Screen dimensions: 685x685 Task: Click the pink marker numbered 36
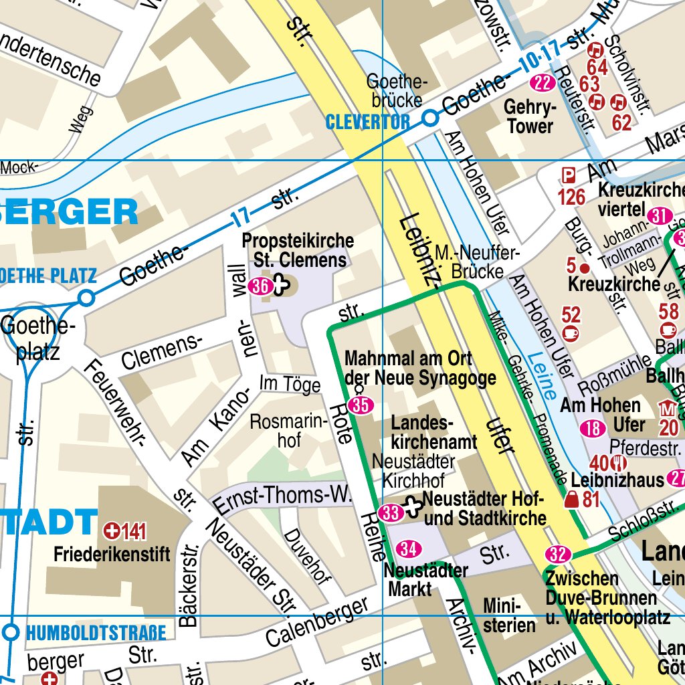260,286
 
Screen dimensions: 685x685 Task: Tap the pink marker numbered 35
361,405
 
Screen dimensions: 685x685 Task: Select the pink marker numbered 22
543,83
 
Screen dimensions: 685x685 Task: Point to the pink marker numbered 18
593,429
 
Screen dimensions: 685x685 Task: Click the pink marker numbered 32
557,554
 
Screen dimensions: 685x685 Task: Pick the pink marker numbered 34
409,549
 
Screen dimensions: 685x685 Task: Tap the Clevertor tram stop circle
430,118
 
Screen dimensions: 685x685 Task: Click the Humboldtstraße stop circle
11,631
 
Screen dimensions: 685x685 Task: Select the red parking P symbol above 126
568,176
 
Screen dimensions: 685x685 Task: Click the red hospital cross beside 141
112,532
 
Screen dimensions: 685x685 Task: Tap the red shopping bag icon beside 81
572,499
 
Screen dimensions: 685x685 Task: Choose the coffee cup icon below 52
571,332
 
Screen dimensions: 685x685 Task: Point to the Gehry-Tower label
530,117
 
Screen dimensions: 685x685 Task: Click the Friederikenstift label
112,555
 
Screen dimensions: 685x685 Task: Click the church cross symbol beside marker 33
413,506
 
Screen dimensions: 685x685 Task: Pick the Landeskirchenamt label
434,432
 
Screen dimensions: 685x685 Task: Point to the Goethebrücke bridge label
395,91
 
